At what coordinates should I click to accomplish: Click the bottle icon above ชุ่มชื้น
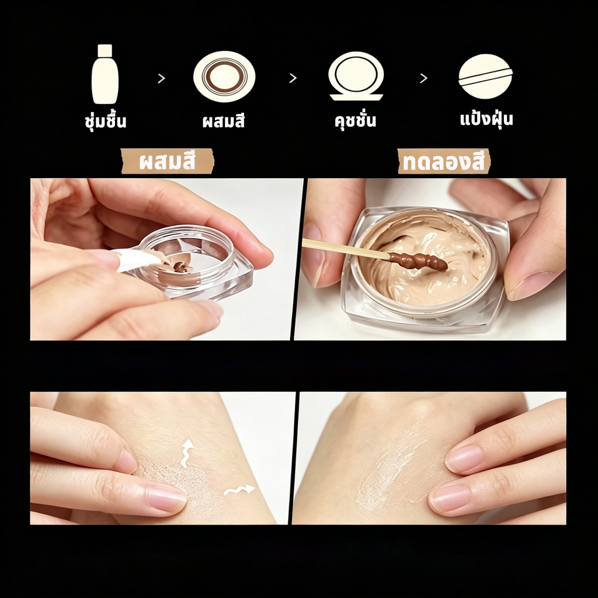pyautogui.click(x=105, y=74)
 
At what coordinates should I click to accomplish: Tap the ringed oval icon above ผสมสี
pyautogui.click(x=224, y=77)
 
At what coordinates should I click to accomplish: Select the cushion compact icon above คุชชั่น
pyautogui.click(x=356, y=77)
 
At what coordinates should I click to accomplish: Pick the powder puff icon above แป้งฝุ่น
pyautogui.click(x=485, y=77)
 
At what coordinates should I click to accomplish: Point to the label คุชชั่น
pyautogui.click(x=355, y=120)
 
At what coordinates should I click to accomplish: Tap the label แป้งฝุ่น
pyautogui.click(x=486, y=118)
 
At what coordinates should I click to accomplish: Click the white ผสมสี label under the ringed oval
pyautogui.click(x=224, y=121)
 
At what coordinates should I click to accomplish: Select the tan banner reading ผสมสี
pyautogui.click(x=168, y=161)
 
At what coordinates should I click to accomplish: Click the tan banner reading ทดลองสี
pyautogui.click(x=444, y=161)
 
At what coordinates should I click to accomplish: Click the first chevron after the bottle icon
pyautogui.click(x=161, y=78)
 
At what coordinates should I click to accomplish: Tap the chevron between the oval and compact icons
pyautogui.click(x=293, y=78)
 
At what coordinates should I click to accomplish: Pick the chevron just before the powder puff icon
pyautogui.click(x=423, y=78)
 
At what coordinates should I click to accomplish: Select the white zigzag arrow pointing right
pyautogui.click(x=239, y=490)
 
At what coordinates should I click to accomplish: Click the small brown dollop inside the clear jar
pyautogui.click(x=180, y=266)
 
